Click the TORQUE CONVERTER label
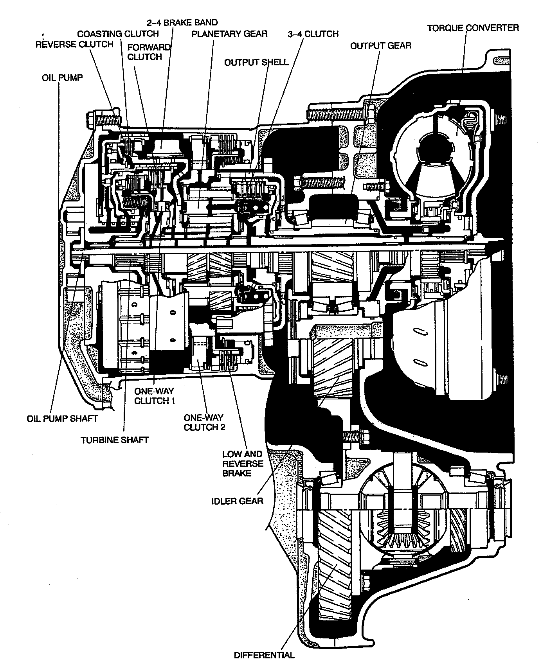pyautogui.click(x=473, y=28)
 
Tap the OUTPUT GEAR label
pyautogui.click(x=380, y=46)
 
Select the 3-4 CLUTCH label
pyautogui.click(x=313, y=34)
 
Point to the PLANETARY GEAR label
pyautogui.click(x=229, y=34)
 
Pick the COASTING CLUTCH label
pyautogui.click(x=118, y=34)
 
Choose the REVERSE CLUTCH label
pyautogui.click(x=74, y=44)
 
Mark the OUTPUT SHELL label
pyautogui.click(x=256, y=62)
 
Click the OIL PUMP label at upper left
pyautogui.click(x=63, y=77)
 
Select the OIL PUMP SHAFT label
pyautogui.click(x=62, y=419)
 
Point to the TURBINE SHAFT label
pyautogui.click(x=115, y=440)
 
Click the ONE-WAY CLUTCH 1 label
pyautogui.click(x=154, y=396)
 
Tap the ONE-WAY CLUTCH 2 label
pyautogui.click(x=204, y=422)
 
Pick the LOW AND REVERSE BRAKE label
pyautogui.click(x=243, y=464)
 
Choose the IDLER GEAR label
pyautogui.click(x=238, y=501)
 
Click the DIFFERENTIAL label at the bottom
pyautogui.click(x=264, y=655)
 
